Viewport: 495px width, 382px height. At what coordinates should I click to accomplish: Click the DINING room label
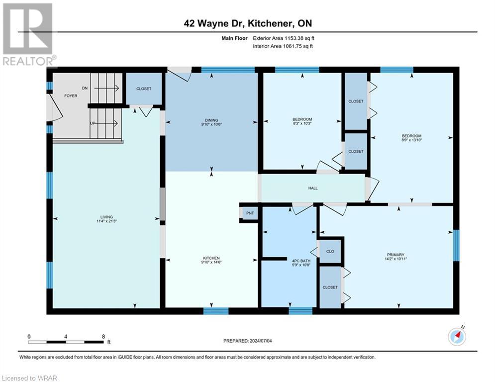click(x=211, y=120)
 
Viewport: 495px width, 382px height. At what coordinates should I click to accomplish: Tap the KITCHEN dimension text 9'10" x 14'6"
click(x=211, y=262)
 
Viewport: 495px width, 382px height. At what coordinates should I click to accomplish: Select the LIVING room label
click(x=106, y=217)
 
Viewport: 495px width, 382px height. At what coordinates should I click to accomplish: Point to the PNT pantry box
click(x=250, y=213)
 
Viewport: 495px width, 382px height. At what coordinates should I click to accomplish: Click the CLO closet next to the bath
click(x=330, y=251)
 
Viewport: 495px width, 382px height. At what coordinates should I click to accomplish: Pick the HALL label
click(x=313, y=188)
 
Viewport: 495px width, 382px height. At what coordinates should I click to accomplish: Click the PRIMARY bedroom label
click(x=396, y=255)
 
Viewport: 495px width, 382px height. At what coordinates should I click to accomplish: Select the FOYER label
click(x=71, y=95)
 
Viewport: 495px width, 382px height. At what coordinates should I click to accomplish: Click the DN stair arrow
click(x=106, y=88)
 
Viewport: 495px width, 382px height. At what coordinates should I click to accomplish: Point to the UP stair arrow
click(x=105, y=123)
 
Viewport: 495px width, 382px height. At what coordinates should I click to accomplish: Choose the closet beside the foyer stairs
click(x=144, y=89)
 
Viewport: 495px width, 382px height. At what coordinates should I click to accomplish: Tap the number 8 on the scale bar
click(x=103, y=337)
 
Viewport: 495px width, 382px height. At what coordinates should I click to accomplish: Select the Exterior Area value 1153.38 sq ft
click(x=299, y=38)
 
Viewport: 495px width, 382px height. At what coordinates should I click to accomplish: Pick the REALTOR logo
click(x=28, y=34)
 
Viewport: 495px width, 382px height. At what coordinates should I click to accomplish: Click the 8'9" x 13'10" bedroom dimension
click(x=411, y=140)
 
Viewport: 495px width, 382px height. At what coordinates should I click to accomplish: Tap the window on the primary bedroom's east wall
click(x=456, y=245)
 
